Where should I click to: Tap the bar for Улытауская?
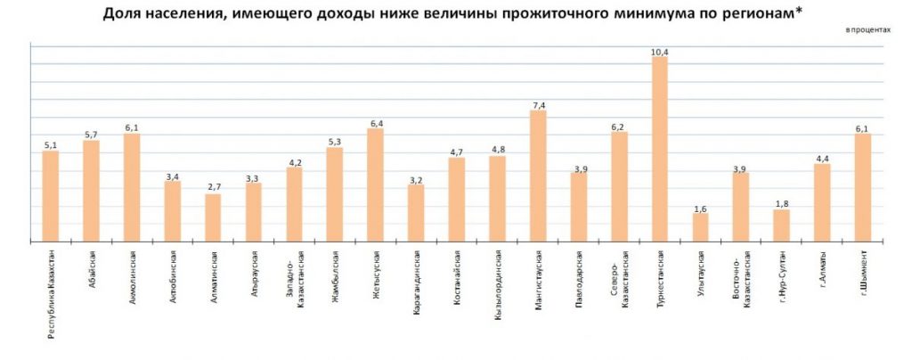tap(700, 227)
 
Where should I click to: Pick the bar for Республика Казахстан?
tap(51, 196)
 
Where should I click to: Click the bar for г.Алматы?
tap(822, 202)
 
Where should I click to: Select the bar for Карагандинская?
tap(416, 213)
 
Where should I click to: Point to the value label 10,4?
tap(660, 53)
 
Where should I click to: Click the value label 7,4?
tap(538, 106)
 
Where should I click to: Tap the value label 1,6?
tap(700, 209)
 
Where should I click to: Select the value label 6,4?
tap(375, 124)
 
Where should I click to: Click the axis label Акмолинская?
tap(133, 271)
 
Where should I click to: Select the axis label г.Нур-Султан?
tap(781, 271)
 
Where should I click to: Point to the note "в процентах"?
tap(868, 30)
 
